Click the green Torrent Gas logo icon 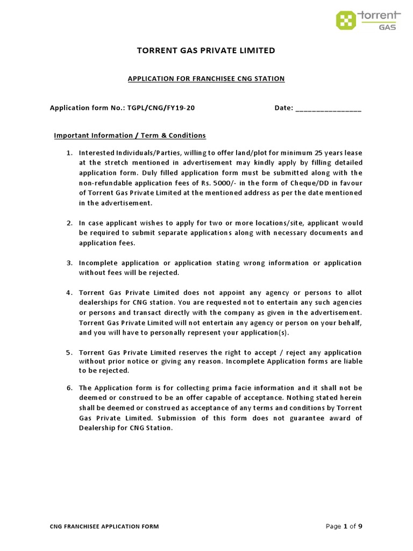point(346,20)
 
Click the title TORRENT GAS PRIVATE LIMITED point(206,51)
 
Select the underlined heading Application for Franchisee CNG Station point(206,79)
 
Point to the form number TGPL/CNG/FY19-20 point(161,108)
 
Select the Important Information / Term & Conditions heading point(130,136)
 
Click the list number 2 point(69,223)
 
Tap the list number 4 point(69,293)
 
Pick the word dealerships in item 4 point(99,303)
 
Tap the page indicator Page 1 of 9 point(344,526)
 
